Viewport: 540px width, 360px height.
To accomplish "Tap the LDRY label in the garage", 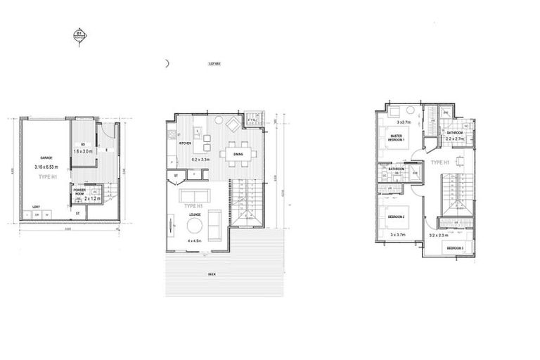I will click(35, 206).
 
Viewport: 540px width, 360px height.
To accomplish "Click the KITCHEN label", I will click(186, 143).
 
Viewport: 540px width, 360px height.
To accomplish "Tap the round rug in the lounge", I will click(195, 226).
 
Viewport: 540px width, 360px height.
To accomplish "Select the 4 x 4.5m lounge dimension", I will click(195, 241).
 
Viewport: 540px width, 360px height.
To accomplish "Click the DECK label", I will click(211, 273).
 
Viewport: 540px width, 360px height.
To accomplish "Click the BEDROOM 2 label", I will click(394, 217).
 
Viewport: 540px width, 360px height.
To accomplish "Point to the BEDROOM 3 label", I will click(454, 249).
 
